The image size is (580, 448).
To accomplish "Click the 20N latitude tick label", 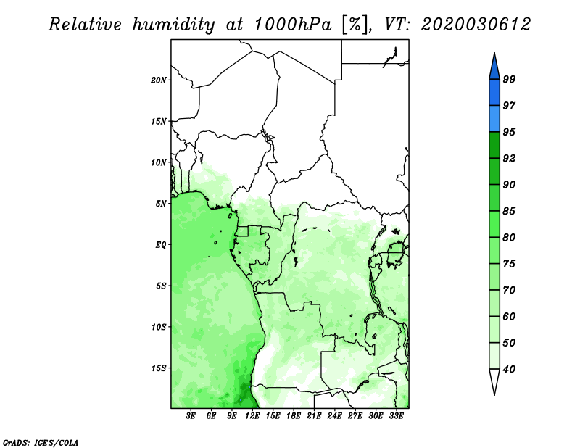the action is [159, 80].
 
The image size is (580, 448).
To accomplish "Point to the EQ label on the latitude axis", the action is [160, 245].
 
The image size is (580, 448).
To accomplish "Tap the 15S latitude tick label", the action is [159, 368].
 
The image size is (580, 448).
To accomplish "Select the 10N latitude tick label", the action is [159, 162].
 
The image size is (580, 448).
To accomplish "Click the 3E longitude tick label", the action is [191, 416].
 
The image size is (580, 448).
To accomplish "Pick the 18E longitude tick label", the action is [294, 416].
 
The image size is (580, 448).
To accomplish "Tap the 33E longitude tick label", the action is [396, 416].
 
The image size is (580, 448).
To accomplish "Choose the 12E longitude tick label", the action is [252, 416].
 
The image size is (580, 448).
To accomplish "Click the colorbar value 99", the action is [509, 79].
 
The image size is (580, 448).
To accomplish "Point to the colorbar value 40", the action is [509, 369].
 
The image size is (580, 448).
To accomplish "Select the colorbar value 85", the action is [509, 211].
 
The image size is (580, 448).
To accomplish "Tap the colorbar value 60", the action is [509, 316].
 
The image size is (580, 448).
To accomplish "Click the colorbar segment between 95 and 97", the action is [494, 119].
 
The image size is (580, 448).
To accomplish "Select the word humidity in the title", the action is [173, 25].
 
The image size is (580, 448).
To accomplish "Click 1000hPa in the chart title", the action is [293, 25].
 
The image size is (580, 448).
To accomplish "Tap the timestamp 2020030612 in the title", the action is [476, 25].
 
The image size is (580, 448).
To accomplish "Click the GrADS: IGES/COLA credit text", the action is [41, 442].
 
